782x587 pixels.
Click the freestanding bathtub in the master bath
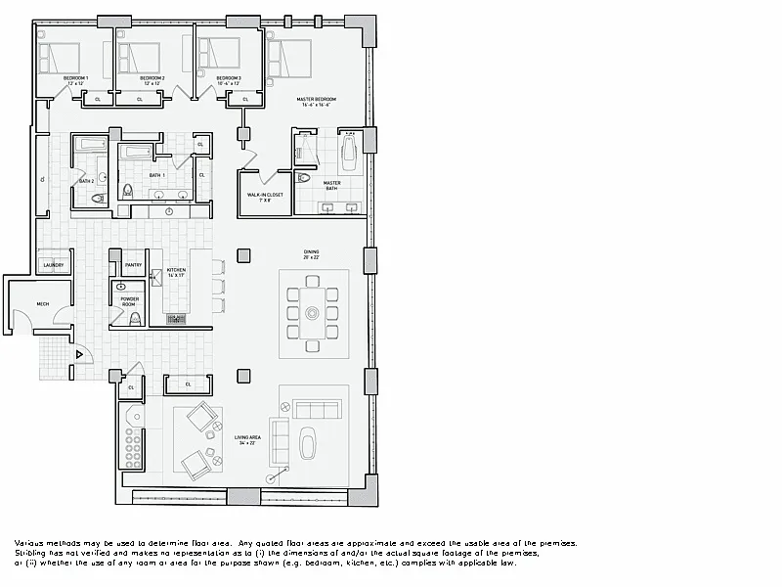(x=349, y=154)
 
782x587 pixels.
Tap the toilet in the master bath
(x=303, y=178)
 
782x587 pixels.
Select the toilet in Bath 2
(x=96, y=199)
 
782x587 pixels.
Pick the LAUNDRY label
(x=54, y=265)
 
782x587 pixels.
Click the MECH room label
(x=43, y=304)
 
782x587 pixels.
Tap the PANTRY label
(x=133, y=264)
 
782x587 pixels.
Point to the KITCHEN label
(x=176, y=271)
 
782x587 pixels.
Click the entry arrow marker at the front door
(x=79, y=354)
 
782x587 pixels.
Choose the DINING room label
(x=312, y=253)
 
